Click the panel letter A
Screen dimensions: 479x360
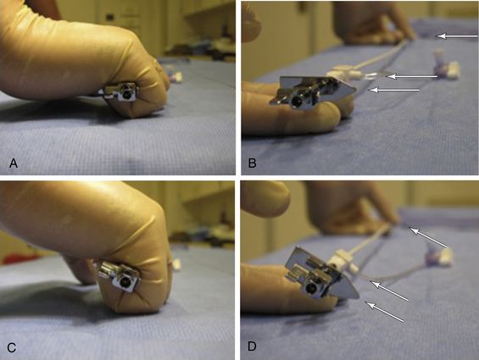coord(14,163)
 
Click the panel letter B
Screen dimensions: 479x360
coord(252,163)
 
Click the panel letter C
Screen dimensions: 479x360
coord(12,347)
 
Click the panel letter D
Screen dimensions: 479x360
coord(252,346)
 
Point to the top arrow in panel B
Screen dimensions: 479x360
coord(457,36)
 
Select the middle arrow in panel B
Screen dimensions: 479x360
coord(412,76)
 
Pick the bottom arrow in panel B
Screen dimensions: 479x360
coord(393,90)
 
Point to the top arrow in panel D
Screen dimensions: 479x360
coord(427,237)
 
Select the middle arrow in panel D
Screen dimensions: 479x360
coord(389,291)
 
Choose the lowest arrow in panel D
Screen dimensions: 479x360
coord(385,312)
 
